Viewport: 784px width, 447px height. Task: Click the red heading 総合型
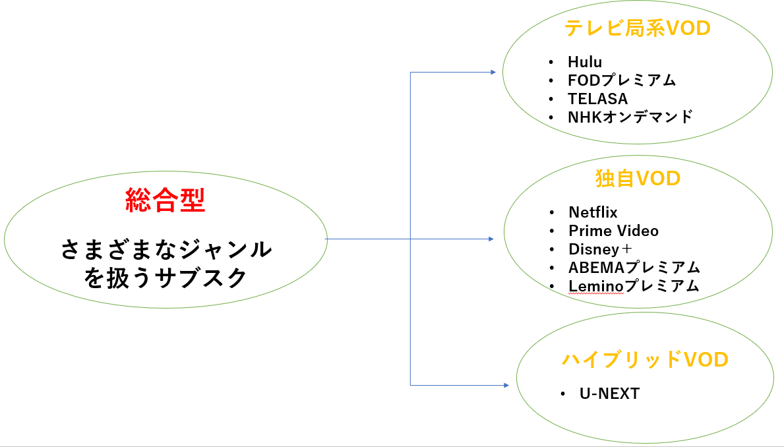point(166,200)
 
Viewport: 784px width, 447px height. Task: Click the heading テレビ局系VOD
point(637,28)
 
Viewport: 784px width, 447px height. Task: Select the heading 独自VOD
point(637,178)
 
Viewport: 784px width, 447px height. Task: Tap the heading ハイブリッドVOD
point(645,359)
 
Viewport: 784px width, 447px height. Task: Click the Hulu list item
point(585,62)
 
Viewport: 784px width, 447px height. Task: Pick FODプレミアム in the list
point(622,80)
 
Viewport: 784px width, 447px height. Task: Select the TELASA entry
point(597,99)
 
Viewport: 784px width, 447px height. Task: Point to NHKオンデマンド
point(630,117)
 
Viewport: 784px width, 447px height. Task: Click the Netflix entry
point(593,212)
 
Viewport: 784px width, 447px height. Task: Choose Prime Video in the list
point(613,231)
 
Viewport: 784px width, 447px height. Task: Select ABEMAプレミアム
point(634,268)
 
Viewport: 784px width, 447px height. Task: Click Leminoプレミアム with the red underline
point(634,286)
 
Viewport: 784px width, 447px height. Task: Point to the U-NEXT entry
point(609,394)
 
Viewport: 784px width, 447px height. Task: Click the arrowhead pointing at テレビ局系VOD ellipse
point(493,72)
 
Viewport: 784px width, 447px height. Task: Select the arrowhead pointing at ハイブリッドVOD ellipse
point(506,385)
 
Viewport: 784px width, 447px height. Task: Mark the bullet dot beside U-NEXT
point(563,394)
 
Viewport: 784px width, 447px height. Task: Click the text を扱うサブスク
point(166,278)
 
